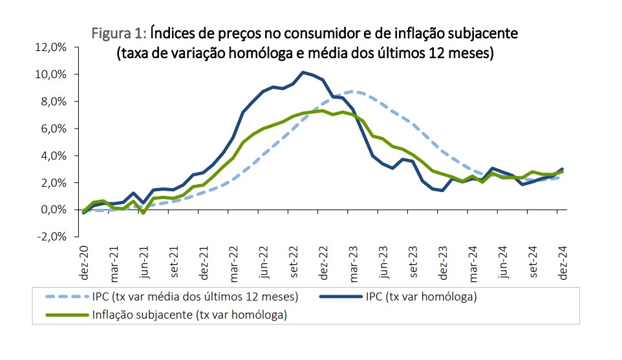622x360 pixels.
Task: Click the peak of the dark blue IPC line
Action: (303, 72)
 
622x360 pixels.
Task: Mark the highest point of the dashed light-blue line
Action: (353, 91)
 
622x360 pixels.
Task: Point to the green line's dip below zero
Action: (144, 213)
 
